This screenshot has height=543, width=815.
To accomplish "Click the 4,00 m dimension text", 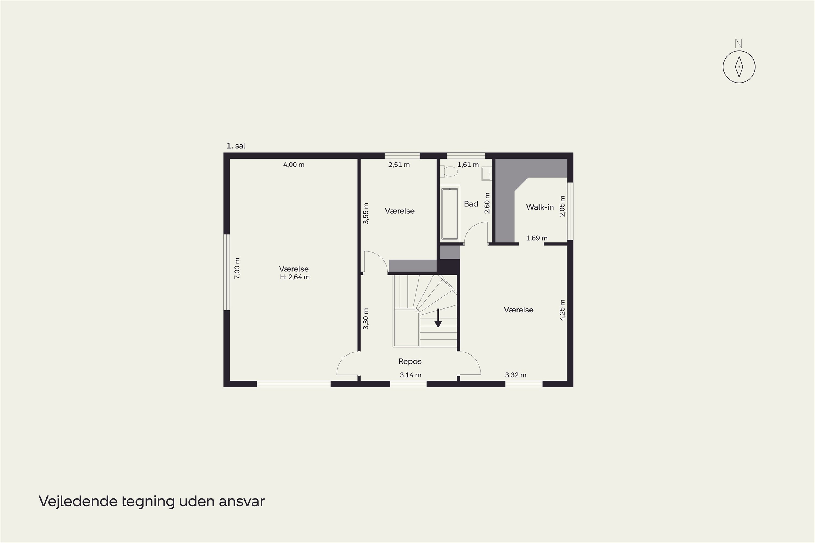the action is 294,165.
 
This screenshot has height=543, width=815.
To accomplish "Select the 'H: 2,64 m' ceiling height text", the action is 295,277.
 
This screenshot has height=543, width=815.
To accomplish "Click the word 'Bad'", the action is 471,204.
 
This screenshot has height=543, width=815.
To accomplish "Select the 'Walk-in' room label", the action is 540,207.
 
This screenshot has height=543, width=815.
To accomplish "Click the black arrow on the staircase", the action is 438,318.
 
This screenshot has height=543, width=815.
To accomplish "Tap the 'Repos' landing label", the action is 410,362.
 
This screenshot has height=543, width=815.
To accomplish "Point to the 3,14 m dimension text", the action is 410,375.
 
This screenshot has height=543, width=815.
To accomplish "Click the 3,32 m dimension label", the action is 516,375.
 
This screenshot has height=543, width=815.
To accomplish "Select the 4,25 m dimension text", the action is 562,310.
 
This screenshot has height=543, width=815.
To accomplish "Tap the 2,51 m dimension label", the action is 399,165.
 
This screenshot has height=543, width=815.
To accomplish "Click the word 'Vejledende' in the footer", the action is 78,501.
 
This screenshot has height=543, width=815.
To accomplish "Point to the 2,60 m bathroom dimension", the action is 487,203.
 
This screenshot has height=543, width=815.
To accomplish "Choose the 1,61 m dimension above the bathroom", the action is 468,165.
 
